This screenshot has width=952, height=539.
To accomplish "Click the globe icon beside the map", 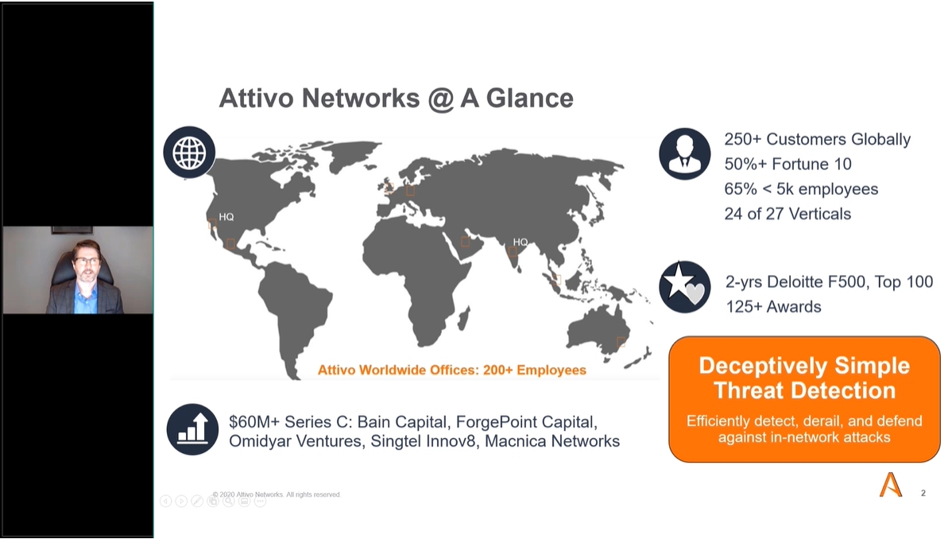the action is (x=189, y=152).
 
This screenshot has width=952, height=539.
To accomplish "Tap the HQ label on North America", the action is (x=226, y=217).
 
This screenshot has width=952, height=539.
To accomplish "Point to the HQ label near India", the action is (x=521, y=242).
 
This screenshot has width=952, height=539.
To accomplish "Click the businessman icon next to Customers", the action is (x=684, y=153).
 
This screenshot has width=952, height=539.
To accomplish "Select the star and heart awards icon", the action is (x=684, y=287).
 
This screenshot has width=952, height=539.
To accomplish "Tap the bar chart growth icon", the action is (x=192, y=429).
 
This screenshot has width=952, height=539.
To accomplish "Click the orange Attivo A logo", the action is (x=891, y=484).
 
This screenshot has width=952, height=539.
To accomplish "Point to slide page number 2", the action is (x=923, y=493).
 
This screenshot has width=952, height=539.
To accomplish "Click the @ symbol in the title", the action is (x=441, y=99).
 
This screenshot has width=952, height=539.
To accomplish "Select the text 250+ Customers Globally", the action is (x=817, y=139).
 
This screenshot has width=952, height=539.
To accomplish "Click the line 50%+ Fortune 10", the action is (x=788, y=164).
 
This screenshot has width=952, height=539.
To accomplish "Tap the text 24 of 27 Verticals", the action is (x=788, y=214).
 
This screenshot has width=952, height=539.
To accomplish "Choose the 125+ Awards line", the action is (x=773, y=307).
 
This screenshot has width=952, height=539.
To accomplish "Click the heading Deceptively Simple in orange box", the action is (x=804, y=366).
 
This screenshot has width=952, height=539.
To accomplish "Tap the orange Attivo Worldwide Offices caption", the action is (x=451, y=370).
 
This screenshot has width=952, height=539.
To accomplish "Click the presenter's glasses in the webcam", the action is (x=87, y=262).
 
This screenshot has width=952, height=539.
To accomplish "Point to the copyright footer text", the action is (x=277, y=494).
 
